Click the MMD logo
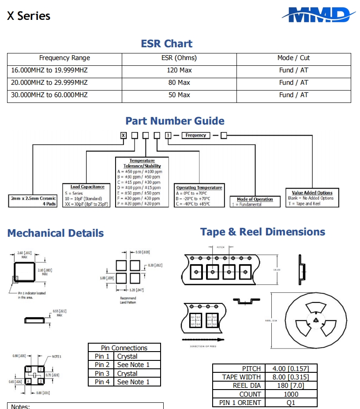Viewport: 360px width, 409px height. pyautogui.click(x=318, y=15)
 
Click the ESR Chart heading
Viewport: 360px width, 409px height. pyautogui.click(x=166, y=44)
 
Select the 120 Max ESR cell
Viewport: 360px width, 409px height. pyautogui.click(x=179, y=70)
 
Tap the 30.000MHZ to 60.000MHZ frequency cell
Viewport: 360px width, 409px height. pyautogui.click(x=49, y=95)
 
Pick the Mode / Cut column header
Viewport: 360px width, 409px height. pyautogui.click(x=293, y=58)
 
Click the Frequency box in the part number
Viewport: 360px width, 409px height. pyautogui.click(x=196, y=135)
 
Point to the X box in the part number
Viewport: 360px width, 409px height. pyautogui.click(x=124, y=135)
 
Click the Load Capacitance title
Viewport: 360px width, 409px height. pyautogui.click(x=87, y=187)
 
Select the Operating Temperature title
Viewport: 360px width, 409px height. pyautogui.click(x=199, y=188)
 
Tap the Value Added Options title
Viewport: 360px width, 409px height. pyautogui.click(x=312, y=193)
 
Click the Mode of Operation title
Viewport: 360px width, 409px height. pyautogui.click(x=255, y=199)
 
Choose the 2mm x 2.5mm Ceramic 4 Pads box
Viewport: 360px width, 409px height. pyautogui.click(x=34, y=201)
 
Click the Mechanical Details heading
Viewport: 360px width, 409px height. pyautogui.click(x=56, y=233)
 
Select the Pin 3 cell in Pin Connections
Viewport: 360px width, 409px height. pyautogui.click(x=102, y=373)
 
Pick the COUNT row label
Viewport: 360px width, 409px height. pyautogui.click(x=250, y=394)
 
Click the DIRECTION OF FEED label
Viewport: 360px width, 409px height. pyautogui.click(x=203, y=346)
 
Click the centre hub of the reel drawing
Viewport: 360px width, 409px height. pyautogui.click(x=315, y=320)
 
